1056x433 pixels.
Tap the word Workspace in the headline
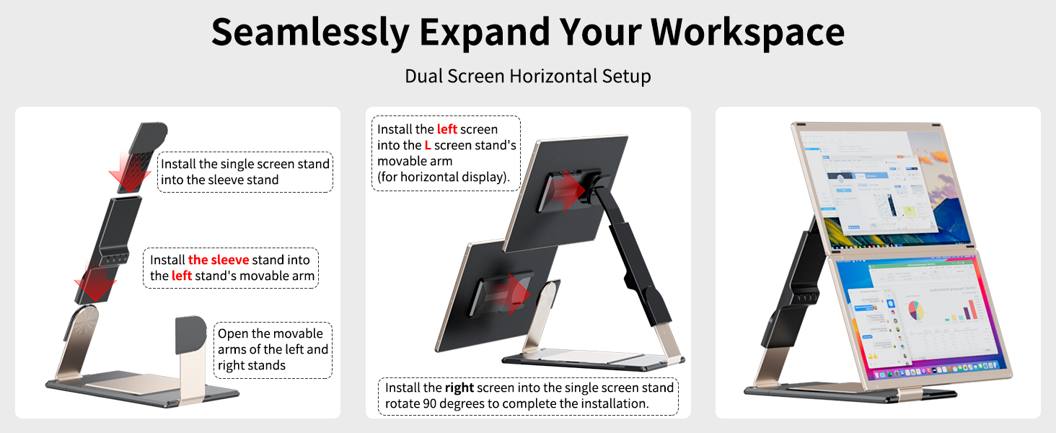tap(748, 32)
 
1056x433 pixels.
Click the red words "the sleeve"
tap(219, 260)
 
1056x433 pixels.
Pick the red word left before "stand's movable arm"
tap(182, 276)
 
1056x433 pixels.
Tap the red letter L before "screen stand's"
tap(428, 145)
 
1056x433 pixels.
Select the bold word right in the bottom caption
tap(459, 388)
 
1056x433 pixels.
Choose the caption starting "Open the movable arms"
tap(273, 349)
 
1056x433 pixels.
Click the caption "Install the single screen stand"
tap(245, 172)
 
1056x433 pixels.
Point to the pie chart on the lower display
tap(915, 311)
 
